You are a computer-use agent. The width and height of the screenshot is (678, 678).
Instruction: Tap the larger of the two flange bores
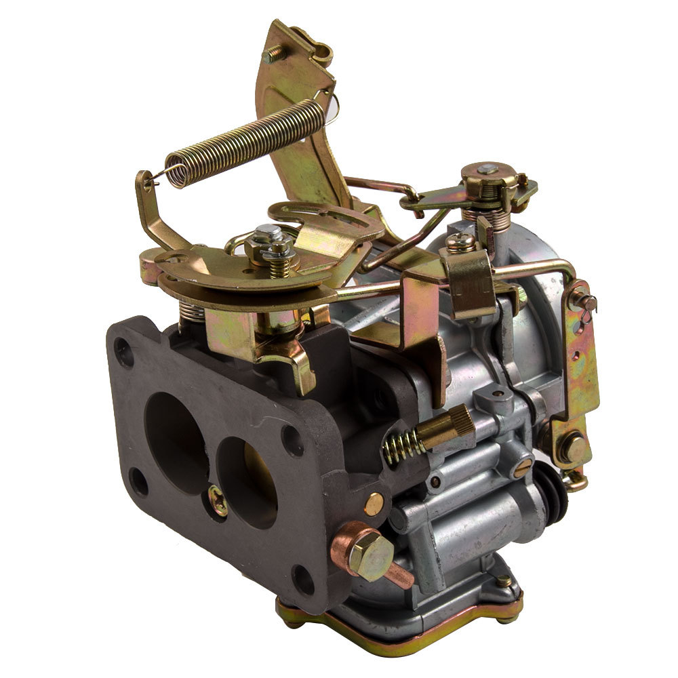(175, 434)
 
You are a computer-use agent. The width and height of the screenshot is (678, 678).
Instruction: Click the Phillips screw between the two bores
(218, 500)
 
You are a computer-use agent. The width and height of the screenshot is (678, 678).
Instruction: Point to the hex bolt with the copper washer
(370, 555)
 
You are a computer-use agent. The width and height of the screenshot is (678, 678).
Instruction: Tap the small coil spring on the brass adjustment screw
(403, 446)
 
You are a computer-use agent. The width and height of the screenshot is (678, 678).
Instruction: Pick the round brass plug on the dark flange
(374, 503)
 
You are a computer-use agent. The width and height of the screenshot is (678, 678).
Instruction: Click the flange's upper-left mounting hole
(123, 351)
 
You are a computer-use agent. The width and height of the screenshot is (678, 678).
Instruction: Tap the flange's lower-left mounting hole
(138, 483)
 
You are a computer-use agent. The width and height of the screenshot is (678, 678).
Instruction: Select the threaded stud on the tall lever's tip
(273, 54)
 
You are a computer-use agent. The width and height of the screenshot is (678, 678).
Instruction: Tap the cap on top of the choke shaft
(487, 170)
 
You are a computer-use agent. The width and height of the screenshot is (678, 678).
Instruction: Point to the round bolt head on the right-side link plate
(575, 447)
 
